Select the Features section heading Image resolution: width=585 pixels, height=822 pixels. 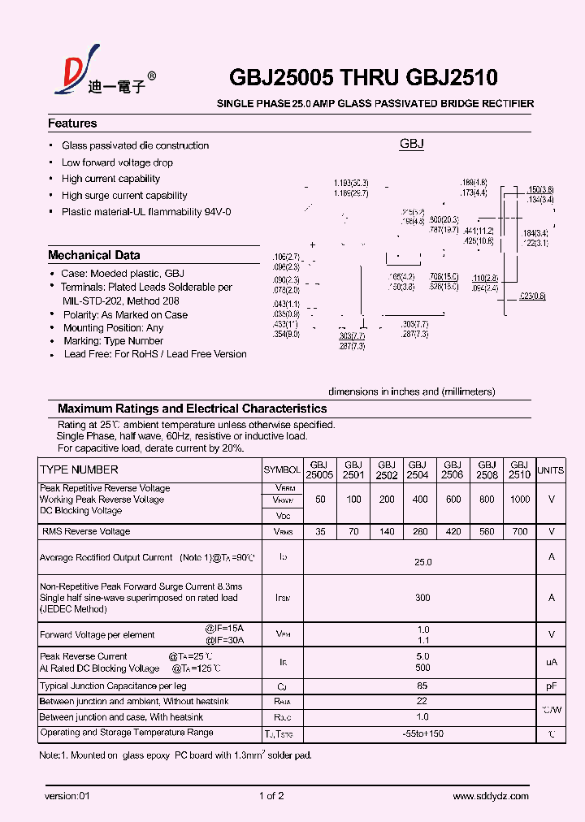(x=72, y=123)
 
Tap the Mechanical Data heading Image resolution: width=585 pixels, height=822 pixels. (x=93, y=255)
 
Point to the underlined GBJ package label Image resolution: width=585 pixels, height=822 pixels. (x=411, y=144)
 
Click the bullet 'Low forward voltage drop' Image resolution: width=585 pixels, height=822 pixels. (x=117, y=162)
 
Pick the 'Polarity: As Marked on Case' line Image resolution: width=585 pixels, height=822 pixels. (x=125, y=314)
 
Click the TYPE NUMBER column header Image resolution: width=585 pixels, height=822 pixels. (x=79, y=469)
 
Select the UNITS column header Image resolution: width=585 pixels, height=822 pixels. (x=551, y=470)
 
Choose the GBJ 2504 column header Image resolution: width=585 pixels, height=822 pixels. (x=418, y=469)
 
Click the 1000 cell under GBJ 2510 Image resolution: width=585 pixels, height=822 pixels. (x=519, y=500)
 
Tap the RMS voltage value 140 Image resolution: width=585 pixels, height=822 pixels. (x=386, y=531)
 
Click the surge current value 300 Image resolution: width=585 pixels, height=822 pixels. (x=422, y=598)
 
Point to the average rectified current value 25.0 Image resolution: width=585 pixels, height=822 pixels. (x=422, y=562)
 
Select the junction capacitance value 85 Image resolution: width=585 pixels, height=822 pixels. (x=422, y=686)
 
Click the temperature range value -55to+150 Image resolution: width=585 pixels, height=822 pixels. (x=422, y=734)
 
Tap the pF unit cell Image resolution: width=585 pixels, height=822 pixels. (x=551, y=686)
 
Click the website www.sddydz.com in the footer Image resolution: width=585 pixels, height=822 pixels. (x=491, y=796)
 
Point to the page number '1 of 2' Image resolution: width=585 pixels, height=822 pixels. (x=271, y=796)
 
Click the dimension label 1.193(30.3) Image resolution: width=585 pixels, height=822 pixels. (x=351, y=183)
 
